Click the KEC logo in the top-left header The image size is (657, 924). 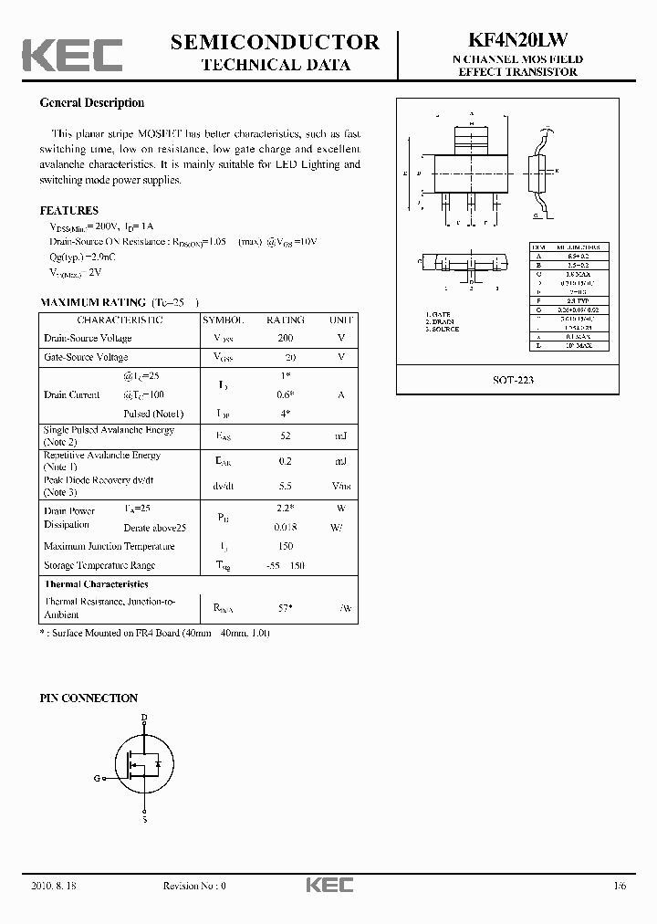click(72, 55)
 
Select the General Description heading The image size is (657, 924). click(91, 103)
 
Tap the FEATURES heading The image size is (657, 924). click(69, 211)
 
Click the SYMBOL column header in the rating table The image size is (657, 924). click(224, 320)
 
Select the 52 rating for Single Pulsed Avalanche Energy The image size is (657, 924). click(286, 436)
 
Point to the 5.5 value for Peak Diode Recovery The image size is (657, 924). click(286, 487)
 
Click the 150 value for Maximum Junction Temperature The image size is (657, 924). click(286, 546)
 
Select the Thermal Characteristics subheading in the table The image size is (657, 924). click(96, 583)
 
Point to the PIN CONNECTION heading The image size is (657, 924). click(89, 698)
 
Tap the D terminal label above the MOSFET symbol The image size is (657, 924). click(143, 718)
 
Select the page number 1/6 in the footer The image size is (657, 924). click(620, 886)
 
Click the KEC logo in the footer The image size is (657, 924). click(328, 886)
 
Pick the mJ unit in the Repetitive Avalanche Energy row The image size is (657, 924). click(339, 461)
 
